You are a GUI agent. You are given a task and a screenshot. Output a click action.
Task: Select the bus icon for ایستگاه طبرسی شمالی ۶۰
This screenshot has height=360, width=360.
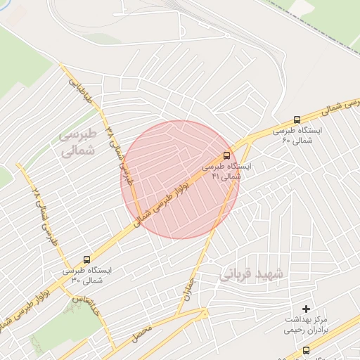(297, 120)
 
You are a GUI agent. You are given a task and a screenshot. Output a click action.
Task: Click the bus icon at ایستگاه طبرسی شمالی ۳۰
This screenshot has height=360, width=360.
(86, 259)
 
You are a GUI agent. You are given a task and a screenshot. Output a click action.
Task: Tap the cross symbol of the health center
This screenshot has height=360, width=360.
(305, 309)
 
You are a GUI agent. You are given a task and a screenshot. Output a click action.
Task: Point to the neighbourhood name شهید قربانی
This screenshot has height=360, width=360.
(251, 274)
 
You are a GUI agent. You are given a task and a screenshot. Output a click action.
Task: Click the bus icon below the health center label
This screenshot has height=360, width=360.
(305, 350)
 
